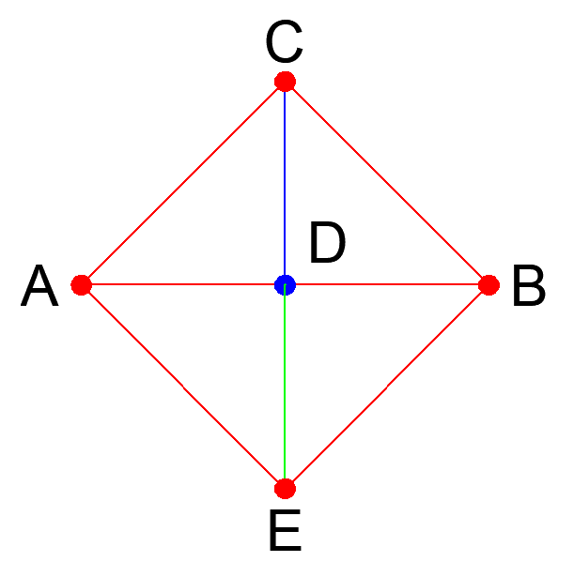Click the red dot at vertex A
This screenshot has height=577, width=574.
82,284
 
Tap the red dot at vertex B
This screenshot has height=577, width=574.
488,284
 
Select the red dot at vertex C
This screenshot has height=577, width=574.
285,82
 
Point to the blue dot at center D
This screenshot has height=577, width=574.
285,284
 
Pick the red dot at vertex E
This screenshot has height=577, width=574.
285,488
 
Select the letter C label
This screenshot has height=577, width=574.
283,42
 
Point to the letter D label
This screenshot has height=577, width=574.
328,246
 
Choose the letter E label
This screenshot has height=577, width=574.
284,533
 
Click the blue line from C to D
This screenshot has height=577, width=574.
285,183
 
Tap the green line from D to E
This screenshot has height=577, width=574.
285,387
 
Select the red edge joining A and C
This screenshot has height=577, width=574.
183,183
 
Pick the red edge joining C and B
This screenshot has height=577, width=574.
386,183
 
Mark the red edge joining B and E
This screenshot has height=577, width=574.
386,387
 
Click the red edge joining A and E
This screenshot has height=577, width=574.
183,387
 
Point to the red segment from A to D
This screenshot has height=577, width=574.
183,284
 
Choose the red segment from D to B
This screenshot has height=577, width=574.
386,284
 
